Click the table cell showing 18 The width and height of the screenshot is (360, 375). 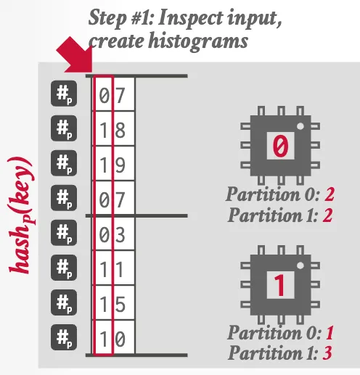coord(113,131)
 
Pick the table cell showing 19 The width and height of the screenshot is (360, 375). coord(113,165)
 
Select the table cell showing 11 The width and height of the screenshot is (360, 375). coord(113,268)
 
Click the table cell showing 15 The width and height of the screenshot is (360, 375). coord(113,302)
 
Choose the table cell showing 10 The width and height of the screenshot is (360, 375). coord(113,337)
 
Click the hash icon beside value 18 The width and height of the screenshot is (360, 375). coord(64,129)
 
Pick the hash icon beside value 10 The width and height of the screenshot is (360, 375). coord(64,337)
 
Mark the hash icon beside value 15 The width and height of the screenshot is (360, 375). coord(64,302)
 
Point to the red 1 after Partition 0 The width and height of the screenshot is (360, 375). coord(330,334)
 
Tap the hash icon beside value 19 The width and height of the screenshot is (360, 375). coord(64,164)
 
